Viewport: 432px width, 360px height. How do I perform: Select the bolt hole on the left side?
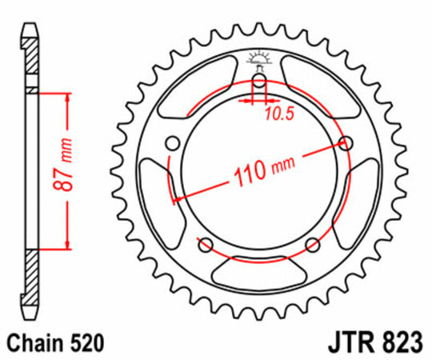point(172,143)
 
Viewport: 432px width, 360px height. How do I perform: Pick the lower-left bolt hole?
point(206,244)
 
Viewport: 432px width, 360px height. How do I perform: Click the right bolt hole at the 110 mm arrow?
point(346,143)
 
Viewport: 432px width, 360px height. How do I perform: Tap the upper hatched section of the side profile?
point(30,64)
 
